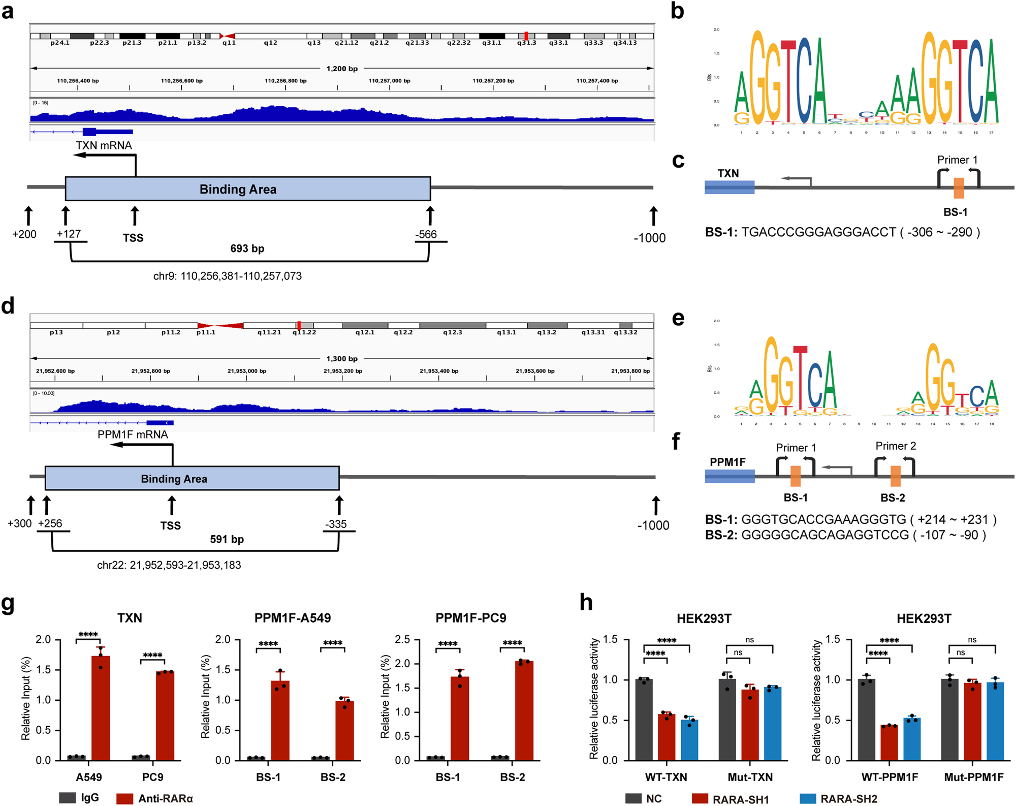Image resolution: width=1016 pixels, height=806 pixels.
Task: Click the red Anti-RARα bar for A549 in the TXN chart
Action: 101,709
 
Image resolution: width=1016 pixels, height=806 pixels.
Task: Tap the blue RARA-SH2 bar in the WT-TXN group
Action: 689,739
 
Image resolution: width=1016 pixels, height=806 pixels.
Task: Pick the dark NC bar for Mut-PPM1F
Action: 949,719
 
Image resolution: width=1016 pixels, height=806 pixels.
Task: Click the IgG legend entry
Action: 79,798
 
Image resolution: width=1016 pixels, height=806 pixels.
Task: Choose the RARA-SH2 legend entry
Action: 838,799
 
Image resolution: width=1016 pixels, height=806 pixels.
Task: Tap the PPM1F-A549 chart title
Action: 293,618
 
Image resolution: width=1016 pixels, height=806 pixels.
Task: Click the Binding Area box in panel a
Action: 248,189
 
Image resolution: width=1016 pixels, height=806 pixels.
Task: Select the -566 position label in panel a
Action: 426,234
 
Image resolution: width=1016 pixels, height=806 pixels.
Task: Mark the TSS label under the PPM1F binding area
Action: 171,525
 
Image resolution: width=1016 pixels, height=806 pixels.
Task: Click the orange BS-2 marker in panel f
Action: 896,476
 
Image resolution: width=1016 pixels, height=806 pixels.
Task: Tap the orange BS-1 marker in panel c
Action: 959,188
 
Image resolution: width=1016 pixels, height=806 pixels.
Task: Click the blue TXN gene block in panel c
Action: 729,188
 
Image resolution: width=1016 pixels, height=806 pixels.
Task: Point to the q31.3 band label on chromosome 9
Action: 526,43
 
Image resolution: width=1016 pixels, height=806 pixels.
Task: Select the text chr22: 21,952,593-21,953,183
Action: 169,565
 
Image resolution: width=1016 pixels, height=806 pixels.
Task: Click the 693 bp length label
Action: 247,249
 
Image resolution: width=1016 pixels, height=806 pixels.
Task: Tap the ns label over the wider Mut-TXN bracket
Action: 750,640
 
